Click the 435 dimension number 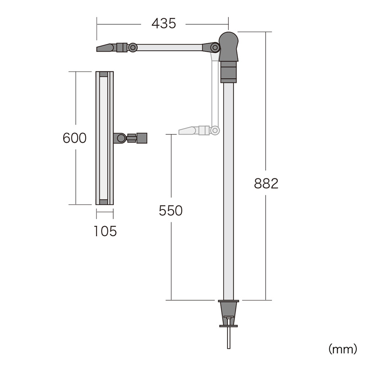(x=164, y=24)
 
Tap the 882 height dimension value (x=266, y=183)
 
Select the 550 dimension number (x=171, y=210)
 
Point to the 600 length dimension (x=75, y=138)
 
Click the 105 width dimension (x=105, y=231)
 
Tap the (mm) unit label (x=343, y=350)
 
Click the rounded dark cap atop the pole (x=228, y=47)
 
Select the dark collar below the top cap (x=228, y=72)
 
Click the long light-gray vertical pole (x=228, y=191)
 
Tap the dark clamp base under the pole (x=228, y=313)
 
